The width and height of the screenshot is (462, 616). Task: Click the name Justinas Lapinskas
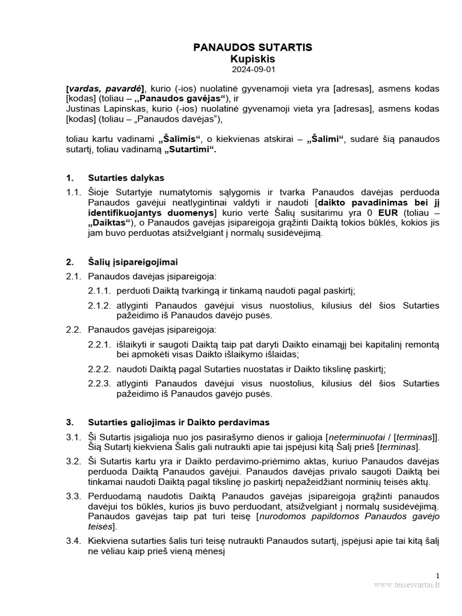coord(103,109)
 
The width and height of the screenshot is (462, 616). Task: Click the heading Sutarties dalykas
coord(126,178)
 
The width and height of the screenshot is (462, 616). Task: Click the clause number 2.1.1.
coord(99,291)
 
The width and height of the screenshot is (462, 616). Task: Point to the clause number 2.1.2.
coord(99,306)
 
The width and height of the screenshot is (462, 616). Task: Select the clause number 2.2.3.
coord(99,384)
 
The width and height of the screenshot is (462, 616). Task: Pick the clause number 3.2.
coord(73,461)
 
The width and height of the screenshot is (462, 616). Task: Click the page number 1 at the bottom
coord(438,576)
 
